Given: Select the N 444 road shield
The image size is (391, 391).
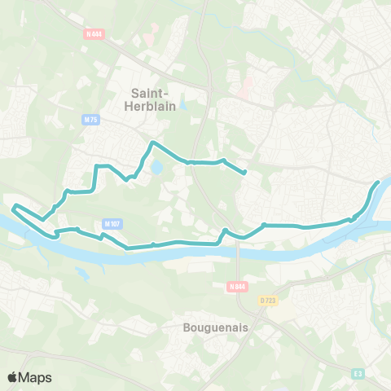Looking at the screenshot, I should click(x=94, y=33).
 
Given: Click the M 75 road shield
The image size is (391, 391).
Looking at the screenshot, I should click(x=90, y=120).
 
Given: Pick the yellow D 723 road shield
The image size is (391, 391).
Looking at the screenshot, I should click(x=268, y=300).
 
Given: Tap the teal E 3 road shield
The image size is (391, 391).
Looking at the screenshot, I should click(x=358, y=374).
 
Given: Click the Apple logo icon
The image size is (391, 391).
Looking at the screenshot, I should click(x=13, y=377).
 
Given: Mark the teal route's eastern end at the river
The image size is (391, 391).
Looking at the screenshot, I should click(x=379, y=182).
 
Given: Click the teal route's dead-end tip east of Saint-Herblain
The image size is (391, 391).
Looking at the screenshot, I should click(x=245, y=172).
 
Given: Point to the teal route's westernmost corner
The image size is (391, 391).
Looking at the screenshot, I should click(x=14, y=207).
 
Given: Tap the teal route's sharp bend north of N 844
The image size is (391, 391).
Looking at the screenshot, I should click(x=225, y=231).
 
